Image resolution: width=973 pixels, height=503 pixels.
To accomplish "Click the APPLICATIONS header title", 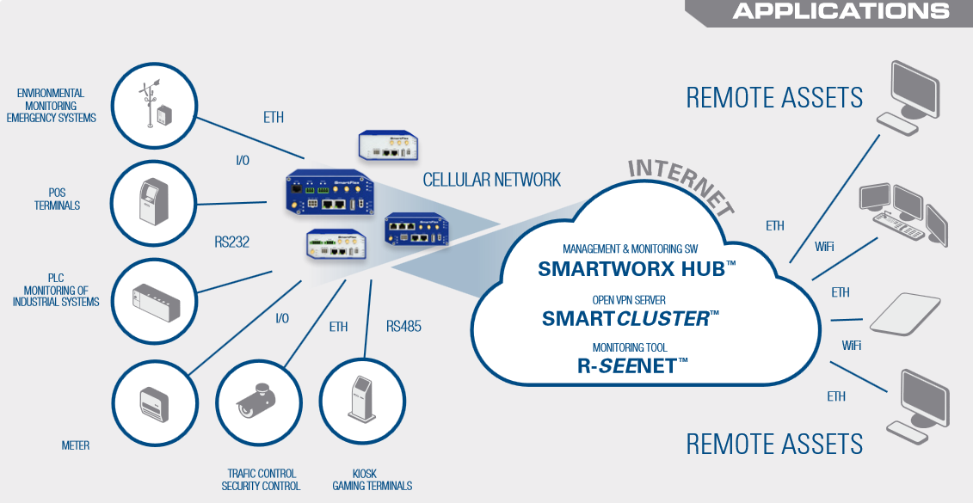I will tap(841, 11).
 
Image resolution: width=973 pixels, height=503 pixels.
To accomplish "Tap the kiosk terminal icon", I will tap(362, 401).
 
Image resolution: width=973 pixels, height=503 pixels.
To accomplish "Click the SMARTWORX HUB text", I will tap(637, 268).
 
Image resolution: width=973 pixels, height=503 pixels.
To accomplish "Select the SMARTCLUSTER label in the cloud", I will tap(630, 318).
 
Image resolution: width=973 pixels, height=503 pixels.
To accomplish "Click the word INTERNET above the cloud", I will tap(680, 183).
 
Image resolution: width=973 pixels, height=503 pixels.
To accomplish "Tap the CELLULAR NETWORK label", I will tap(491, 180).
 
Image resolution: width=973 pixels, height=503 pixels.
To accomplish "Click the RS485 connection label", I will tap(404, 327).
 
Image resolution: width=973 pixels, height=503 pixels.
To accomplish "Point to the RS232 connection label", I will tap(231, 242).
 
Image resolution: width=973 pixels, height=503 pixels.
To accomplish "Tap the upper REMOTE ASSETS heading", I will tap(774, 97).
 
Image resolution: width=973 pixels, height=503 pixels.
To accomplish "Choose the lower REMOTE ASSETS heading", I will tap(774, 444).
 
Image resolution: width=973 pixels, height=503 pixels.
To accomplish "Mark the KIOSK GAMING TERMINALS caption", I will tap(372, 480).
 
